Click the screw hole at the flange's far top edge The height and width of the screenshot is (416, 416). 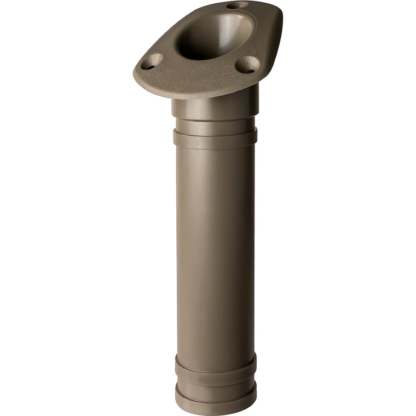(x=237, y=5)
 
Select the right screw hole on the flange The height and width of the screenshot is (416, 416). (x=247, y=65)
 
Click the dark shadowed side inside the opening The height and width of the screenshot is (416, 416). (x=189, y=44)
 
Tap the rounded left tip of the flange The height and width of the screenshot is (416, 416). (x=137, y=73)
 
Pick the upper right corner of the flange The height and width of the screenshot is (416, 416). (x=276, y=14)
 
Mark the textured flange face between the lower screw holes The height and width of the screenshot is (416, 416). (x=200, y=71)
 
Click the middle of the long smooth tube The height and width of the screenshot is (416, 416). (x=215, y=246)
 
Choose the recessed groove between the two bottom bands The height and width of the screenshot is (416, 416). (x=215, y=378)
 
